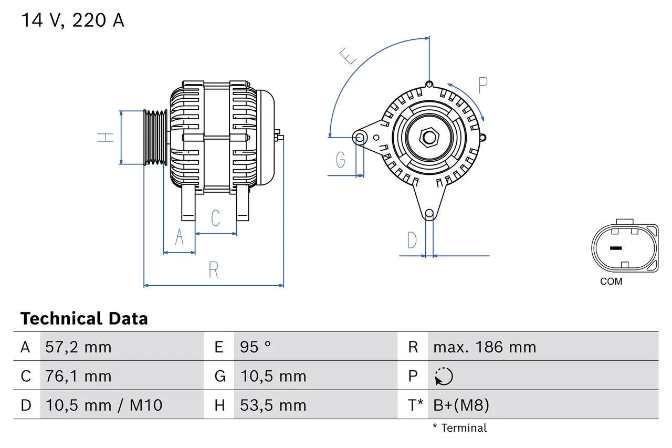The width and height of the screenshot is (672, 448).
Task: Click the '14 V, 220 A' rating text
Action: pos(72,20)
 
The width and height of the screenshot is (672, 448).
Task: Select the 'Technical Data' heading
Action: pos(84,318)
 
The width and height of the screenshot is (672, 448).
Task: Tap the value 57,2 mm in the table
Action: pos(78,347)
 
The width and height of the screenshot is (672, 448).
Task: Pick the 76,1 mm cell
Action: pos(78,376)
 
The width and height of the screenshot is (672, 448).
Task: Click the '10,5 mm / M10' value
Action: pos(103,405)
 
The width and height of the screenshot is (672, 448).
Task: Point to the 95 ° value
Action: pos(255,347)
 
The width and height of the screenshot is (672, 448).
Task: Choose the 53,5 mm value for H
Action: pos(273,405)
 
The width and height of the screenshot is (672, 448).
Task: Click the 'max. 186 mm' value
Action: pos(485,347)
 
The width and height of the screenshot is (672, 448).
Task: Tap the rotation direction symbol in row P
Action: pos(444,376)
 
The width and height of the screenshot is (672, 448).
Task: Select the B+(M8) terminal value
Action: pos(461,405)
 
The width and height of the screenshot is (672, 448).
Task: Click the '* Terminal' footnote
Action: pos(460,428)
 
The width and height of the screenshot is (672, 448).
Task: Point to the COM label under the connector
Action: pos(611,282)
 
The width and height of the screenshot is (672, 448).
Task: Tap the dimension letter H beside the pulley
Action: pos(106,138)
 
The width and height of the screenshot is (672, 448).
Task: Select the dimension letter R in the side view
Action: pos(213,270)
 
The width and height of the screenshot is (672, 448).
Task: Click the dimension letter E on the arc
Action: pos(348,56)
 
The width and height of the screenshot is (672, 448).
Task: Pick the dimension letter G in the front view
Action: pos(341,159)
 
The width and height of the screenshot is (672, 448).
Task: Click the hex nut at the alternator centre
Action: pos(429,138)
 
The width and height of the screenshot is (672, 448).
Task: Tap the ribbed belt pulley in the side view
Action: pos(155,138)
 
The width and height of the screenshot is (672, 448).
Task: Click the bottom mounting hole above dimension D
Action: pos(429,213)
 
